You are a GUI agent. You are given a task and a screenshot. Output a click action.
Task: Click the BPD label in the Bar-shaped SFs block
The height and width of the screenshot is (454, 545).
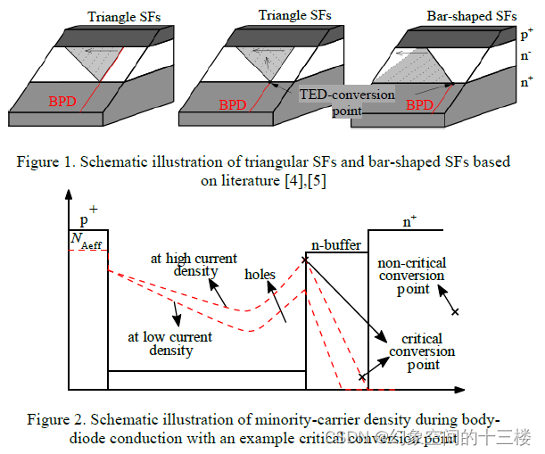click(419, 104)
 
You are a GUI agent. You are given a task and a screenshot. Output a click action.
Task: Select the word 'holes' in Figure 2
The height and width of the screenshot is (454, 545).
click(260, 275)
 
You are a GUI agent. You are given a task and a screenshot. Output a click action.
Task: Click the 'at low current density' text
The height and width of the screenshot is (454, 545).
click(170, 343)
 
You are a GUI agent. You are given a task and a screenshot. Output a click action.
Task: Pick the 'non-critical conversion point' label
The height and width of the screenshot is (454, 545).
click(411, 276)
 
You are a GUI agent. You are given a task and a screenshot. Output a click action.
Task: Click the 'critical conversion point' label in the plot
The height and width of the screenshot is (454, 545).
click(421, 351)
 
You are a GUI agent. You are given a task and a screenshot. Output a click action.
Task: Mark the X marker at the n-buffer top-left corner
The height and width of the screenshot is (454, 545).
click(306, 259)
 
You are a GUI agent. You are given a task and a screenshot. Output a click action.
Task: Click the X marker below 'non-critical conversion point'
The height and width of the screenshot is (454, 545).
click(455, 312)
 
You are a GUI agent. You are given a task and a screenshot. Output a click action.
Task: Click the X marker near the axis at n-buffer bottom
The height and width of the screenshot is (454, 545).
click(361, 379)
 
